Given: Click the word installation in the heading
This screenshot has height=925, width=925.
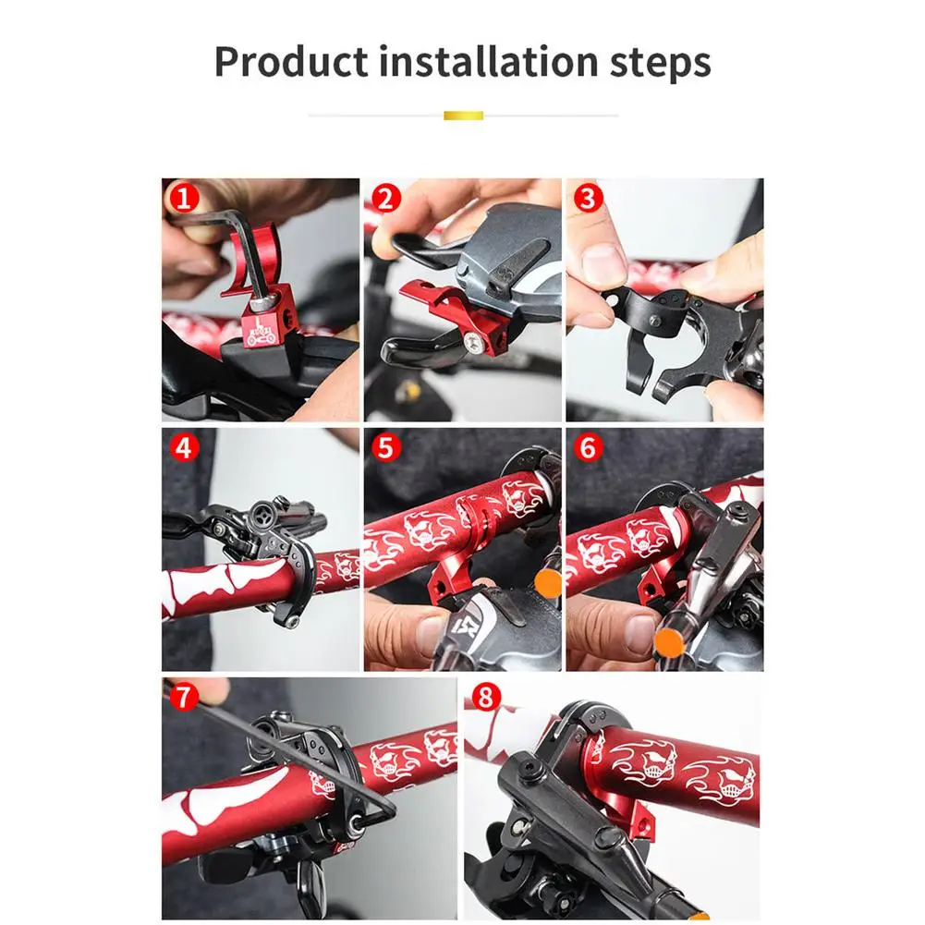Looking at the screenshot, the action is (x=488, y=61).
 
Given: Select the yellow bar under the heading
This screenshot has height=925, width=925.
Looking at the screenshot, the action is (x=463, y=116).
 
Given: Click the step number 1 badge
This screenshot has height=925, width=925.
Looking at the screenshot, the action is (x=184, y=198).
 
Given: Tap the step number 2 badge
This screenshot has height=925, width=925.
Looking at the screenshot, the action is (x=386, y=198).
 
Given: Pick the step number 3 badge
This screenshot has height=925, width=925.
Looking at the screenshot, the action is (x=588, y=198).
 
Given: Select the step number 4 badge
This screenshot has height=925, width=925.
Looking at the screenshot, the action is (x=184, y=448).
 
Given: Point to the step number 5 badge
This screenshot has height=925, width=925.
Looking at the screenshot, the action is (x=386, y=448).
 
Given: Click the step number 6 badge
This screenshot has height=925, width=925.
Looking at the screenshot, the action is (x=588, y=448).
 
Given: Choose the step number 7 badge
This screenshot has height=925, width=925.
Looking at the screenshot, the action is (x=184, y=697).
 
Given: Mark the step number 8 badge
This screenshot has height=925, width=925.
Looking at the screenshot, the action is (x=485, y=697).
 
